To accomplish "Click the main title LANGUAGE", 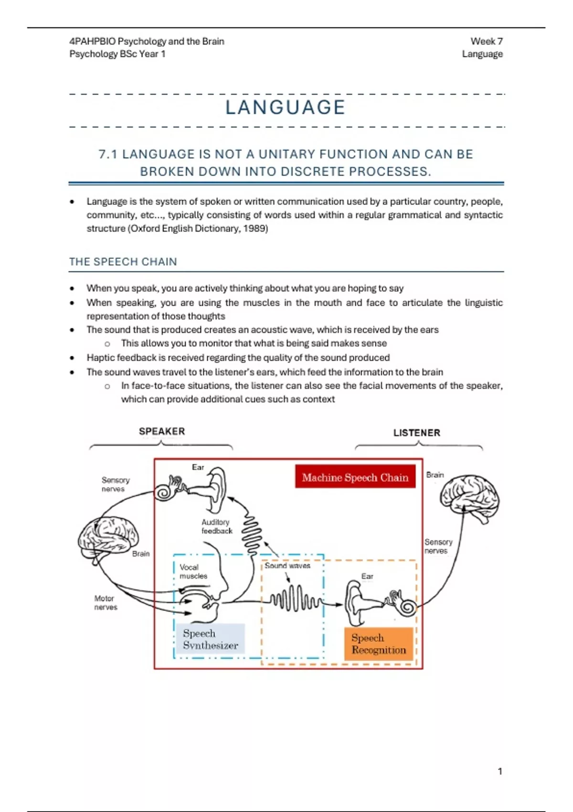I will click(286, 107).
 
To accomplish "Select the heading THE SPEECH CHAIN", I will click(123, 262).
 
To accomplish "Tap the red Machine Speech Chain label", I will click(355, 477).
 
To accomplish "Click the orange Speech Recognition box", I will click(378, 644).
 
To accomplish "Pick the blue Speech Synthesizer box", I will click(210, 639).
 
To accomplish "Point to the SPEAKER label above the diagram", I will click(162, 431).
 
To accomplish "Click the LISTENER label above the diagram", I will click(416, 433).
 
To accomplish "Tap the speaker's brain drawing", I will click(108, 540).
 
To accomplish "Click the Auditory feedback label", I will click(216, 526).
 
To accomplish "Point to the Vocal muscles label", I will click(193, 572).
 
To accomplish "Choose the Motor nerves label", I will click(106, 603).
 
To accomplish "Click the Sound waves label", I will click(287, 566).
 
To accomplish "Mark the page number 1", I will click(500, 771).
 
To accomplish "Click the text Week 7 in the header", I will click(487, 42).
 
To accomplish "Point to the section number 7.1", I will click(108, 154).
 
